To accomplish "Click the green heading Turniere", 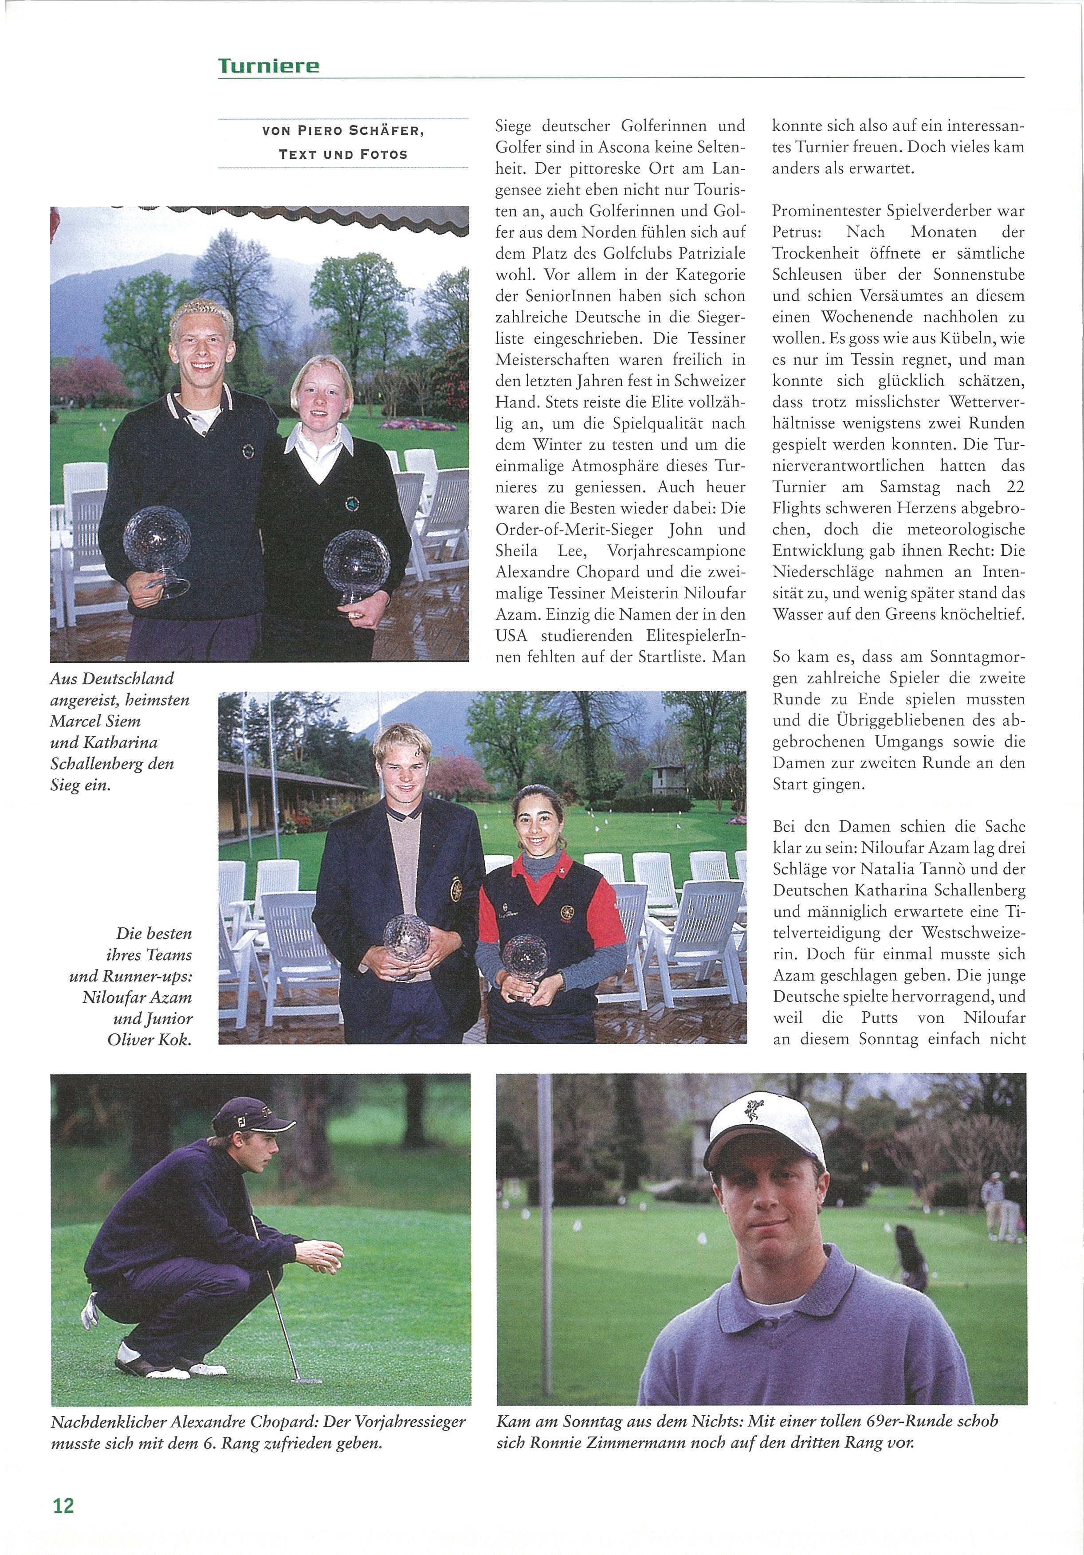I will [x=268, y=66].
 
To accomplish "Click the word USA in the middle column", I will [x=511, y=635].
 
